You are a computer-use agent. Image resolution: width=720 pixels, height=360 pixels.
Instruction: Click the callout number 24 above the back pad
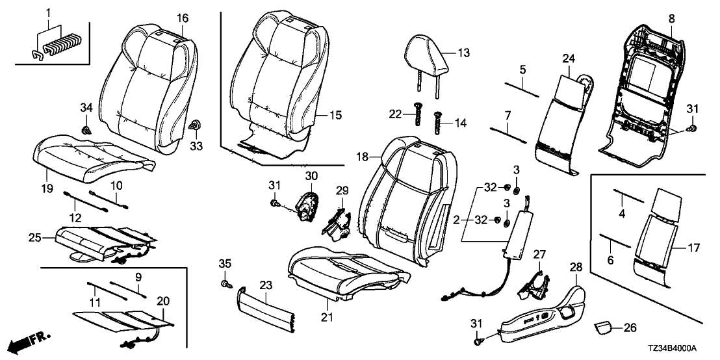(569, 58)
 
